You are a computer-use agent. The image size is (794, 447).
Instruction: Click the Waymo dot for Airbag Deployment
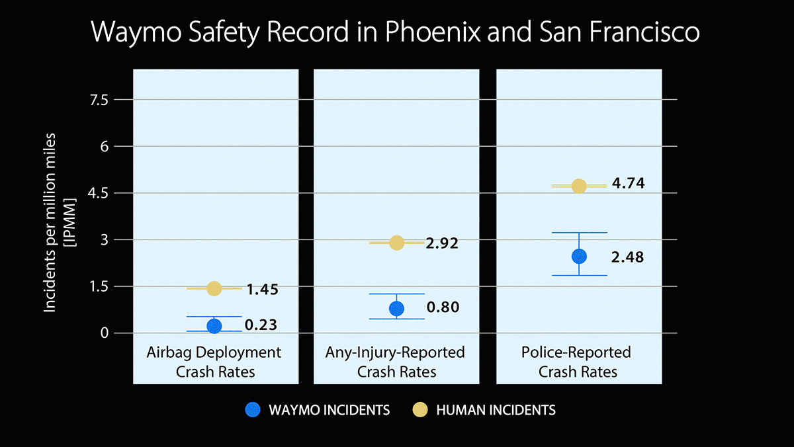214,325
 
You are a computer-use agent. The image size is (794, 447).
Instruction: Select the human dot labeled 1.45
214,288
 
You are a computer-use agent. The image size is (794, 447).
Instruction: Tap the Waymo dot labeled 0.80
396,308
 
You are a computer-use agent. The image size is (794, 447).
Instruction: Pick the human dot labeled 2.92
396,243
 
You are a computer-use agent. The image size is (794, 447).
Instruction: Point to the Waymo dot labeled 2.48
579,256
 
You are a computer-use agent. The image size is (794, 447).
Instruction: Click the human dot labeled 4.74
579,186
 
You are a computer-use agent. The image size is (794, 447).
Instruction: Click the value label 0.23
261,325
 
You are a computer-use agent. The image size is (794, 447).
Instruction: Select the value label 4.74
628,184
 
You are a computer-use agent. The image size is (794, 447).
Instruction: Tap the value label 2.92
443,243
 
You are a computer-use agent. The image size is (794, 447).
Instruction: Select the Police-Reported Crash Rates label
578,362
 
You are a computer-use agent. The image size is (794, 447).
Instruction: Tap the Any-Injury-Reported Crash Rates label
396,362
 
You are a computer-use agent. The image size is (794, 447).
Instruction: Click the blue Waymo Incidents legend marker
252,410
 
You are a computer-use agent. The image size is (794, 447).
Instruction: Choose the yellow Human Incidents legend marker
419,410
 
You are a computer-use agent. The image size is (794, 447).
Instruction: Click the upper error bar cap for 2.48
579,233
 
